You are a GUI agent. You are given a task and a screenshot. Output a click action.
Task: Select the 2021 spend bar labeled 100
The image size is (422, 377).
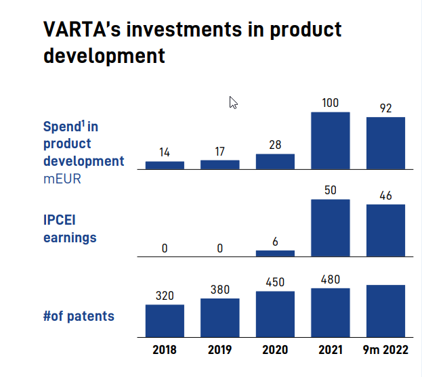330,140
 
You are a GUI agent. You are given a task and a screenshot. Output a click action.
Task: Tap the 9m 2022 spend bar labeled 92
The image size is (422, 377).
385,143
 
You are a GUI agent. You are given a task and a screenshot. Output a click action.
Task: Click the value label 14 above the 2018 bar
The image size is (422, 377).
165,153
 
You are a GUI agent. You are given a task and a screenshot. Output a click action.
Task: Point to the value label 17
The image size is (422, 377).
220,151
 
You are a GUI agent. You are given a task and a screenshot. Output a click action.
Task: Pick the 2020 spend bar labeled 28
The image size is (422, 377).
275,161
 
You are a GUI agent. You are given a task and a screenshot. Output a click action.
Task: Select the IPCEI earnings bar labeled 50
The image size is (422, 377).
330,227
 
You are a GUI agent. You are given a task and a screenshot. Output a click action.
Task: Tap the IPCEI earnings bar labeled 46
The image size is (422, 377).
385,230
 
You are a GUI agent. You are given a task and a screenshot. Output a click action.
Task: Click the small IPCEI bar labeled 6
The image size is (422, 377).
275,253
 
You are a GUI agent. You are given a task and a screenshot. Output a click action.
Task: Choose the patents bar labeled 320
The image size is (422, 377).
165,321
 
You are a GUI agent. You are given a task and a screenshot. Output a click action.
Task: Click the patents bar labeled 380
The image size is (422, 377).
220,317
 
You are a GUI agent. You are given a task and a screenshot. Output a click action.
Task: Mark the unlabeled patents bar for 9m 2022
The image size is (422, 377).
385,311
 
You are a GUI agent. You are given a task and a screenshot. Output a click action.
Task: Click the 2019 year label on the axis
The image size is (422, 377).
220,350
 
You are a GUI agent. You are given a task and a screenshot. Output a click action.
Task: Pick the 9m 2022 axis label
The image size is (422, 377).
385,350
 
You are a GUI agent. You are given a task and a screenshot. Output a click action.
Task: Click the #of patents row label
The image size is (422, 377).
79,315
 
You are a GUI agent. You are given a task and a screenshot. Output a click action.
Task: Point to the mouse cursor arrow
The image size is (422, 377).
233,102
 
